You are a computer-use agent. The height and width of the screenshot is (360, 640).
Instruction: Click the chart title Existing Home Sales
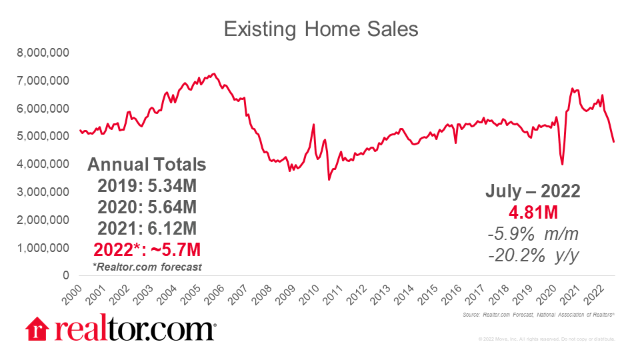pos(320,29)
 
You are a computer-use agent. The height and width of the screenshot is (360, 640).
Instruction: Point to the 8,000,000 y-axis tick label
pos(47,53)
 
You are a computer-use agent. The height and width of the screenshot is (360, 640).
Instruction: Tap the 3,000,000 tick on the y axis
pos(47,192)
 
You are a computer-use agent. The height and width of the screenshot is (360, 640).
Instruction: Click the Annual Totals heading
pos(147,165)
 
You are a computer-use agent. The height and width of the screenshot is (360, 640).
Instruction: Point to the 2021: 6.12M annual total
pos(147,229)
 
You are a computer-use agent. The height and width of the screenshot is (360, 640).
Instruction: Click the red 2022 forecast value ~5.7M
pos(147,250)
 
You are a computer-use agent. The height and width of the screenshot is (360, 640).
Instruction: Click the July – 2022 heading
pos(532,192)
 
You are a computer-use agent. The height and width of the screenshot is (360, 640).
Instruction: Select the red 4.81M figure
pos(532,213)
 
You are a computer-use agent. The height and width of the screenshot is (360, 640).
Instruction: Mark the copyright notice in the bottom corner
pos(546,339)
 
